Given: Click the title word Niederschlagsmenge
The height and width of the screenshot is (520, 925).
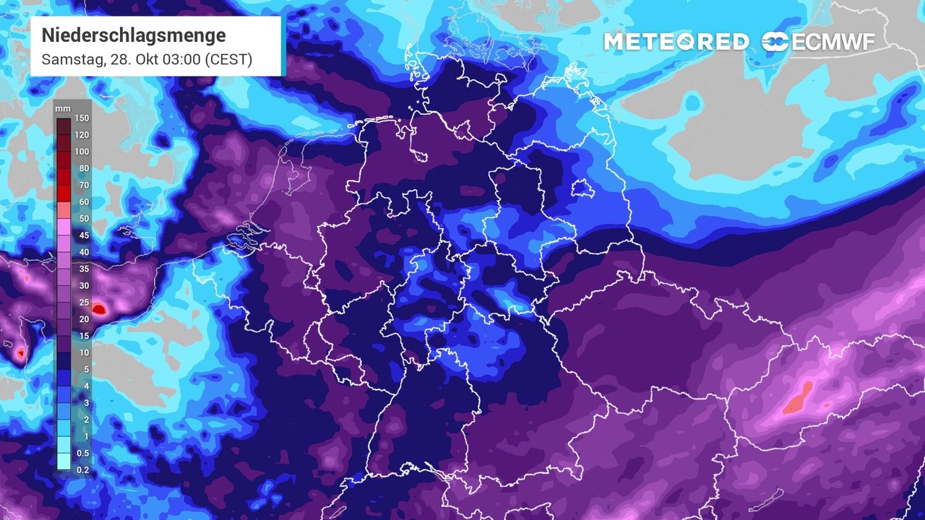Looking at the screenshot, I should coord(133,35).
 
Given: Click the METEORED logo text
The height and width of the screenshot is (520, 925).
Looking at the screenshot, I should coord(676,42).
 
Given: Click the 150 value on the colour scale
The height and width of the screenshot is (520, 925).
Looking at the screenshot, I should coord(82,118).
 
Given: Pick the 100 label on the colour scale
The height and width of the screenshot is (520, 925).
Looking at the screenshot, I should coord(82,152).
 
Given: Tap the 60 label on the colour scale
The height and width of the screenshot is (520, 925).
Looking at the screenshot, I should coord(82,202).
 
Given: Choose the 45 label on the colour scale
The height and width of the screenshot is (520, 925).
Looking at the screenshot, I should coord(82,235).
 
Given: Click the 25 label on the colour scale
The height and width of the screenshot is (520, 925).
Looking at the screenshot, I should coord(82,302).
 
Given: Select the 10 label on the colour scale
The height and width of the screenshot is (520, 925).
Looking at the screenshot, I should coord(82,352).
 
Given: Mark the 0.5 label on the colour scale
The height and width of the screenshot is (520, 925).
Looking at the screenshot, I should coord(82,453).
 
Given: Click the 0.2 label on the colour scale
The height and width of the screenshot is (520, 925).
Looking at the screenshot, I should coord(82,469).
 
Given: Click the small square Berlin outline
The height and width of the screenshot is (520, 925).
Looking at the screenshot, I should coord(581,188).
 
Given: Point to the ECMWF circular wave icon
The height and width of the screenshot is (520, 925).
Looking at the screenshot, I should coord(775,42).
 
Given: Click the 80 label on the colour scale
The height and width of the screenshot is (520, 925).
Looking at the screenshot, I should coord(82,168).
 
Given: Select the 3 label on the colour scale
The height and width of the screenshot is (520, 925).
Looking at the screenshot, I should coord(82,402).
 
